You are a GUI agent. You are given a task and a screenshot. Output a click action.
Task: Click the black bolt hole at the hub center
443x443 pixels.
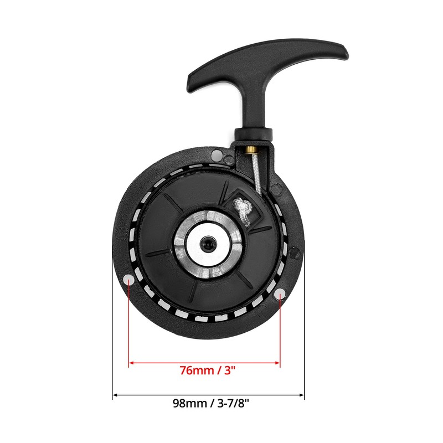206,244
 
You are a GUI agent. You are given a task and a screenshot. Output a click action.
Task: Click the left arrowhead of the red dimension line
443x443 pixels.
131,363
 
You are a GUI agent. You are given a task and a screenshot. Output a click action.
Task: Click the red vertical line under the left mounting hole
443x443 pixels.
129,327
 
